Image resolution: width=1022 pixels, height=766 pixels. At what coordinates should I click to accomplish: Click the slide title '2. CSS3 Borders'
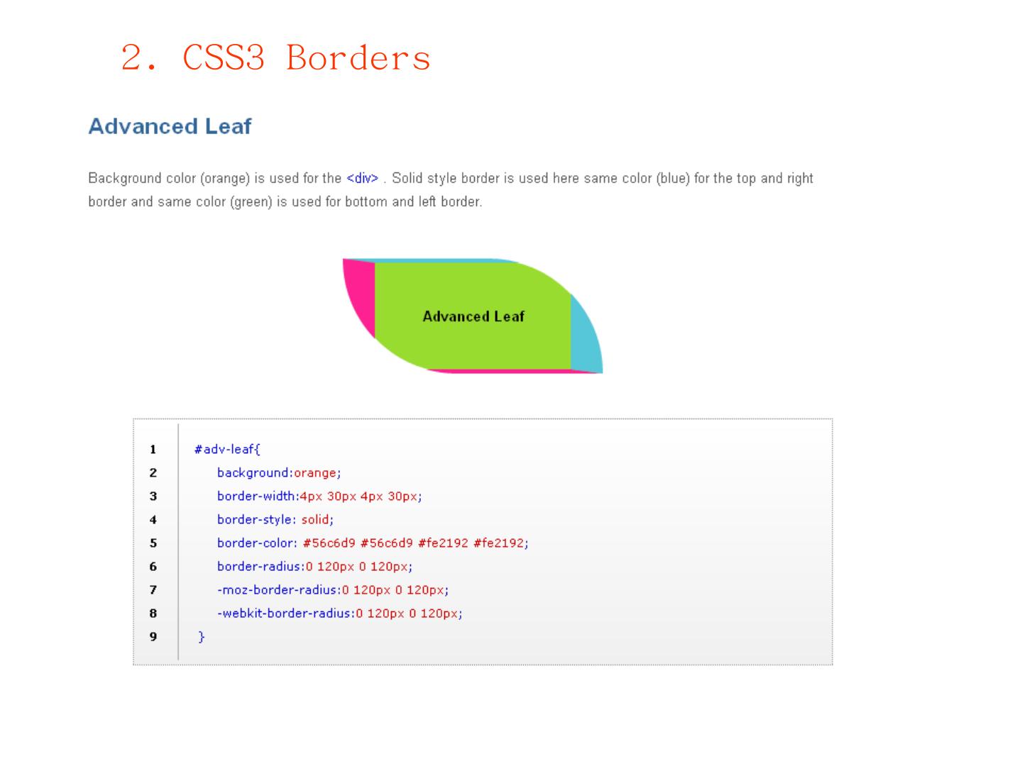click(x=275, y=57)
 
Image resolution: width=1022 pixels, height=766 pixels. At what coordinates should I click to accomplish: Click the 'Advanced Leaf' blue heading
click(x=170, y=126)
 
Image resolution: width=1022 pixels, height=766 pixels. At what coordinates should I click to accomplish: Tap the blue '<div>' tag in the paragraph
click(x=362, y=178)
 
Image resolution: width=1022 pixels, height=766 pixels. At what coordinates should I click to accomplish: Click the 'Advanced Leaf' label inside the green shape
click(x=473, y=316)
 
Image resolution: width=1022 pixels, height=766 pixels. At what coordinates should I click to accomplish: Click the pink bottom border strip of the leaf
click(x=511, y=371)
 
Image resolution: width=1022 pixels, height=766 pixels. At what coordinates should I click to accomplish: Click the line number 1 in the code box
click(x=153, y=449)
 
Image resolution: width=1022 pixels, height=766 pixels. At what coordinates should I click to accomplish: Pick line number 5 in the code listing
click(x=153, y=543)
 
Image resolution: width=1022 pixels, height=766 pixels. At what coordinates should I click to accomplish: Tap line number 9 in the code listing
click(x=153, y=636)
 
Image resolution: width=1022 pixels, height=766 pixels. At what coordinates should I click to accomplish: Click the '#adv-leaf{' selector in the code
click(x=227, y=449)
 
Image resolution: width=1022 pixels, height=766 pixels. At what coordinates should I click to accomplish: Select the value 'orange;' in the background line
click(x=317, y=472)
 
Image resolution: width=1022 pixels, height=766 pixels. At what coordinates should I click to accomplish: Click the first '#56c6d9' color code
click(x=329, y=543)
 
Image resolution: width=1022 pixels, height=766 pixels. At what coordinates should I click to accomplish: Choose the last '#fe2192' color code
click(x=500, y=543)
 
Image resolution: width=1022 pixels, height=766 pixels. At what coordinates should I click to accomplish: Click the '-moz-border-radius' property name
click(x=278, y=589)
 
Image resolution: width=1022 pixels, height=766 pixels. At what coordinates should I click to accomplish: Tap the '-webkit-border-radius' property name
click(x=285, y=613)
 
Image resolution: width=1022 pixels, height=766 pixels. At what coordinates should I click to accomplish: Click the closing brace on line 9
click(x=202, y=636)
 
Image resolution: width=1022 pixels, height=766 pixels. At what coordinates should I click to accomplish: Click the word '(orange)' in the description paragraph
click(x=227, y=178)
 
